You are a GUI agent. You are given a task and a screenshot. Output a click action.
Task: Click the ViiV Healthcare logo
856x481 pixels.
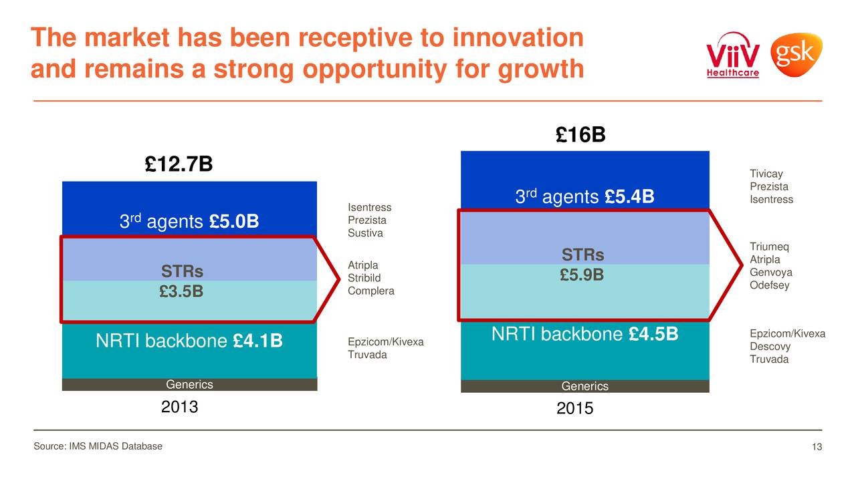click(733, 55)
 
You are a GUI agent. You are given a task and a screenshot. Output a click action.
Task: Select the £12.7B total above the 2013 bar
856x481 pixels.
click(179, 164)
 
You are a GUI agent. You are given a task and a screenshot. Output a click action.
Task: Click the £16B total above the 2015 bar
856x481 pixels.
click(580, 136)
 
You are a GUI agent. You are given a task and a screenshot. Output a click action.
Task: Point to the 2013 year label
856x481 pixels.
click(180, 406)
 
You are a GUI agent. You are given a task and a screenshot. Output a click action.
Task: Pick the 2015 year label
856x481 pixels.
click(574, 408)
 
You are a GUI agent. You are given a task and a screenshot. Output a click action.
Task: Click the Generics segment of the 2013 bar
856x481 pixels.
click(189, 385)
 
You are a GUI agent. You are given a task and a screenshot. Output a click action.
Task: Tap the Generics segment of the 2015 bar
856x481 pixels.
click(584, 386)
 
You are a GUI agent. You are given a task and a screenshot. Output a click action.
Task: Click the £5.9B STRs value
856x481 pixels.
click(582, 275)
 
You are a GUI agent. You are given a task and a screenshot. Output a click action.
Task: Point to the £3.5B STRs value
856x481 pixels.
click(182, 291)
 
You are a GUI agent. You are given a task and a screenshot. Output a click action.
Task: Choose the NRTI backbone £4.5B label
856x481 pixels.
click(584, 334)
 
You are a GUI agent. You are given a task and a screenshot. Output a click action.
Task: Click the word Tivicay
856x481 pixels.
click(766, 174)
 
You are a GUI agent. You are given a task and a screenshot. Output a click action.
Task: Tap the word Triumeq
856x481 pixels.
click(769, 247)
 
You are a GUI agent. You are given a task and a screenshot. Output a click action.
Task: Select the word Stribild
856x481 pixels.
click(364, 278)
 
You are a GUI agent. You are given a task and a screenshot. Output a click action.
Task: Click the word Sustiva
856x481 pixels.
click(365, 233)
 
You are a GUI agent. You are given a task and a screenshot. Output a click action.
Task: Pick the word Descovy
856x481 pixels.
click(770, 347)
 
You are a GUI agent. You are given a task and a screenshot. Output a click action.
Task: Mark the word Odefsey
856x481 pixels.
click(769, 285)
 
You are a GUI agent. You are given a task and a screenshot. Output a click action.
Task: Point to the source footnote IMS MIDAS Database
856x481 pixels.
click(98, 446)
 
